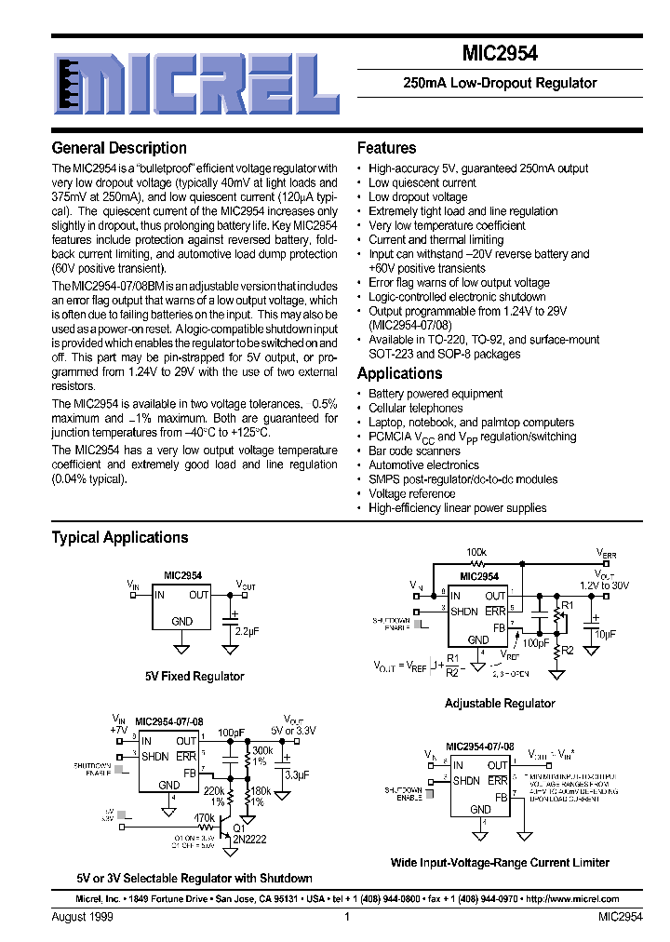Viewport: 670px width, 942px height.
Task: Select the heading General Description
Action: click(x=119, y=148)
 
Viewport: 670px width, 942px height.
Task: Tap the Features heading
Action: click(x=386, y=148)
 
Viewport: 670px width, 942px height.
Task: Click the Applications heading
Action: click(x=399, y=373)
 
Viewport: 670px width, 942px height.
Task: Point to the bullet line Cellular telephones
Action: click(x=415, y=408)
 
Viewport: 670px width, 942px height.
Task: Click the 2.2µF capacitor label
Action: click(x=248, y=631)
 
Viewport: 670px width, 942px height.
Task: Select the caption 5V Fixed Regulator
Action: click(x=194, y=677)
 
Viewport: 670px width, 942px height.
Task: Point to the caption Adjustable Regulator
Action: click(x=500, y=704)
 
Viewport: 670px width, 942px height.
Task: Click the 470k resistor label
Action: click(x=204, y=818)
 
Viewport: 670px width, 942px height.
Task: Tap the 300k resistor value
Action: click(x=262, y=750)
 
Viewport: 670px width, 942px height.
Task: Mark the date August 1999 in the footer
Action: click(x=81, y=918)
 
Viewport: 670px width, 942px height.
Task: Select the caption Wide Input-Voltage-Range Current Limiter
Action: click(x=500, y=863)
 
